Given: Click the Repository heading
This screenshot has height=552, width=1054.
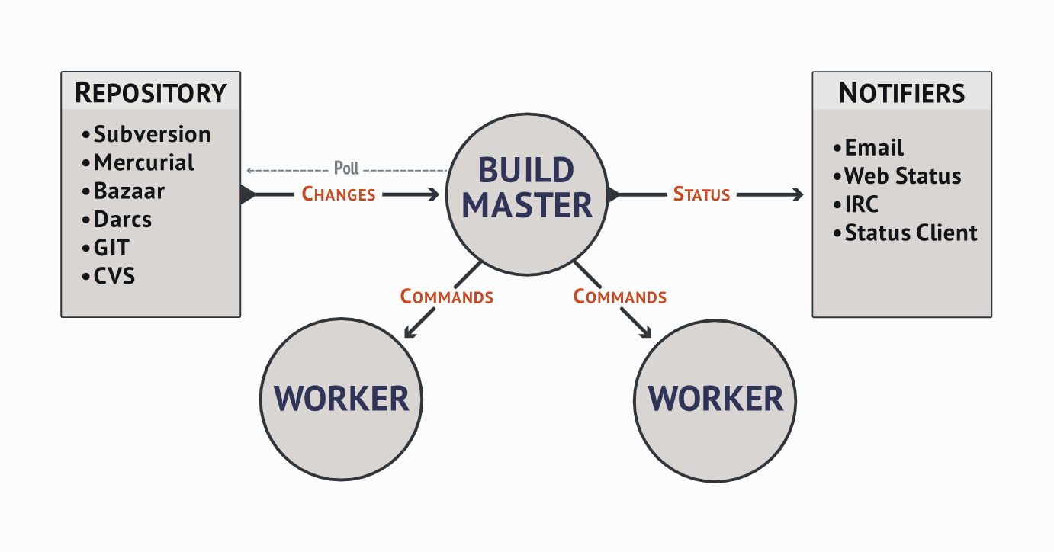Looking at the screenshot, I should click(x=150, y=92).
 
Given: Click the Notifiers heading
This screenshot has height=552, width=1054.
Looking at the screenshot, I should click(x=901, y=93).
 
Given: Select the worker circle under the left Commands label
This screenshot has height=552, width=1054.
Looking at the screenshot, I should click(x=342, y=399).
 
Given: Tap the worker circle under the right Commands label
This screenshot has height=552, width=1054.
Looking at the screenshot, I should click(x=715, y=399).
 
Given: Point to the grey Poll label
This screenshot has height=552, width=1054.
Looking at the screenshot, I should click(x=346, y=168).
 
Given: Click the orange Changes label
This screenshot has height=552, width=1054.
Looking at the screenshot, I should click(x=339, y=194).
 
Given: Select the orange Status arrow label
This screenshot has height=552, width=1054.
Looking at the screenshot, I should click(x=702, y=194).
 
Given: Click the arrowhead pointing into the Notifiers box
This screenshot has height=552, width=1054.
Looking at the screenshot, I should click(x=799, y=194).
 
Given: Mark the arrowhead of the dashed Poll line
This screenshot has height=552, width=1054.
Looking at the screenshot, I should click(x=249, y=170).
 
